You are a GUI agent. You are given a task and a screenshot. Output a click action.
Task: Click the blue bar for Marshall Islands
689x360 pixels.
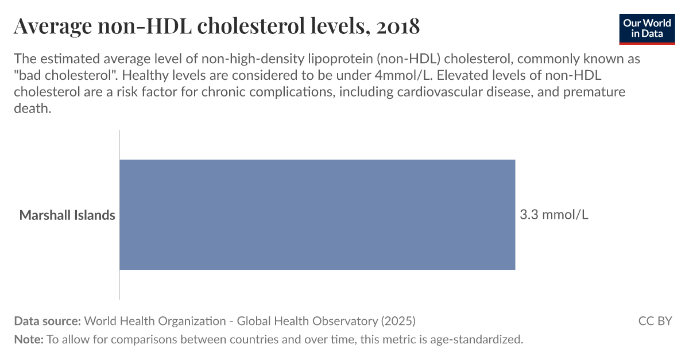click(317, 215)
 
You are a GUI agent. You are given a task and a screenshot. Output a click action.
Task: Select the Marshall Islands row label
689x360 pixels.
click(67, 215)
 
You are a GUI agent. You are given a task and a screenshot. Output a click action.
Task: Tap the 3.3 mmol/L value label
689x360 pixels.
click(553, 215)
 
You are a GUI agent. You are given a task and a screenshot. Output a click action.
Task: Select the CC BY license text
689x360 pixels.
click(655, 321)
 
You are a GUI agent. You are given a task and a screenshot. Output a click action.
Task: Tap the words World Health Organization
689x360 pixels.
click(155, 321)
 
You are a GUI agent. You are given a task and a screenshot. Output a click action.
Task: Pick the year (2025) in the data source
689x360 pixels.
click(397, 321)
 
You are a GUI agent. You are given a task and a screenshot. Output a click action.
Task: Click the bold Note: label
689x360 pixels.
click(29, 339)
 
